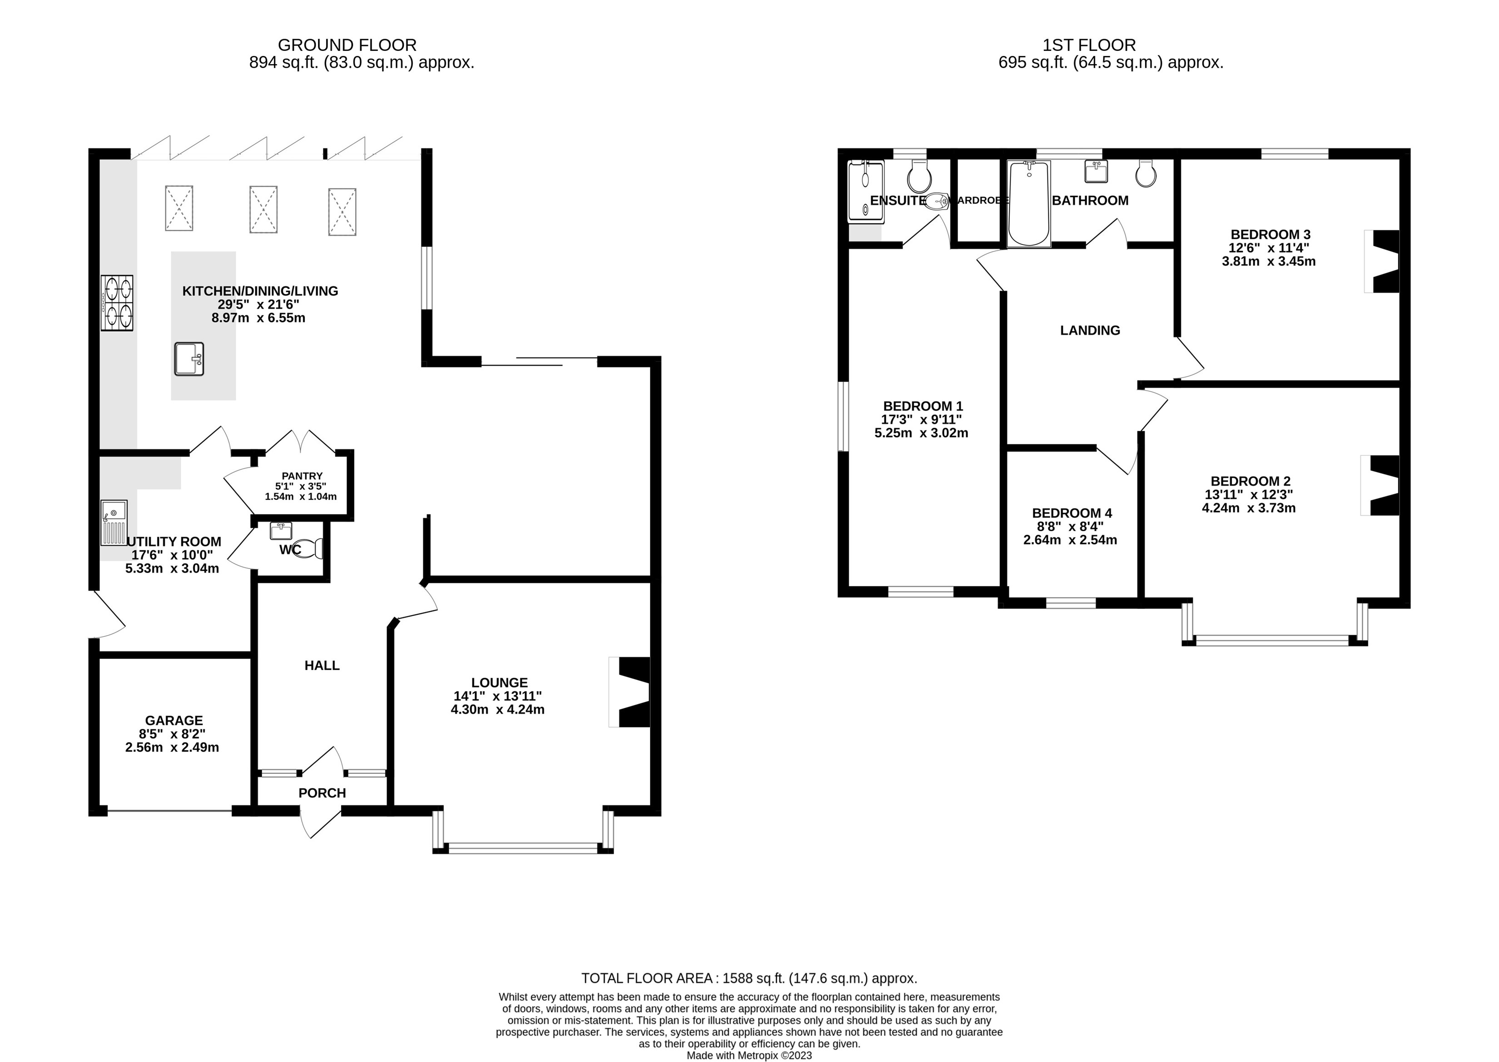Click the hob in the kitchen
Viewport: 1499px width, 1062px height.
[x=117, y=303]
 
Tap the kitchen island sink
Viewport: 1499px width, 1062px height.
[x=189, y=359]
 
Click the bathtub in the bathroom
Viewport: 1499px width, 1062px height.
[x=1029, y=204]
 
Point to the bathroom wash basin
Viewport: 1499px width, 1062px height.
[x=1095, y=172]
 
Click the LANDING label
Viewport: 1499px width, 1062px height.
[x=1090, y=331]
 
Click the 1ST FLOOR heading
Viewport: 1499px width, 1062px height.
[x=1089, y=45]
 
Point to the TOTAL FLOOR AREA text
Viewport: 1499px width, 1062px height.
[x=749, y=978]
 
